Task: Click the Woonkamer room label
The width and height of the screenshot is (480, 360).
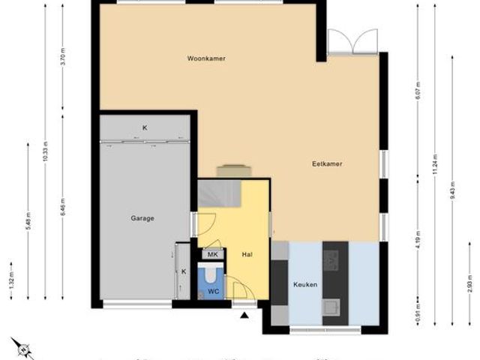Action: [207, 58]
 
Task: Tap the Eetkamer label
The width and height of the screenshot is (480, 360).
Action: [328, 163]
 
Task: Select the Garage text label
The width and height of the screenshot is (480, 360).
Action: [142, 219]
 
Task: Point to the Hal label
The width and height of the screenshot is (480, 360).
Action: [246, 255]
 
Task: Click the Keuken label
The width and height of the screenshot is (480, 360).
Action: [305, 285]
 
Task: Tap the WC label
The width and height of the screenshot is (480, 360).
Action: [212, 290]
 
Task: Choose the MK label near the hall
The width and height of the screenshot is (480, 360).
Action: [212, 255]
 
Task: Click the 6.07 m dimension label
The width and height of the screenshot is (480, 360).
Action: [417, 90]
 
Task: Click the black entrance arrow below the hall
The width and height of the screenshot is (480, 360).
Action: [244, 315]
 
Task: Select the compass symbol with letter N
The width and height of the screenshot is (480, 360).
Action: [22, 349]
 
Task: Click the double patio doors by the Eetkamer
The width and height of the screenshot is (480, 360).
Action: [352, 42]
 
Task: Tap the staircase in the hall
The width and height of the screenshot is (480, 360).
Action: [219, 195]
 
